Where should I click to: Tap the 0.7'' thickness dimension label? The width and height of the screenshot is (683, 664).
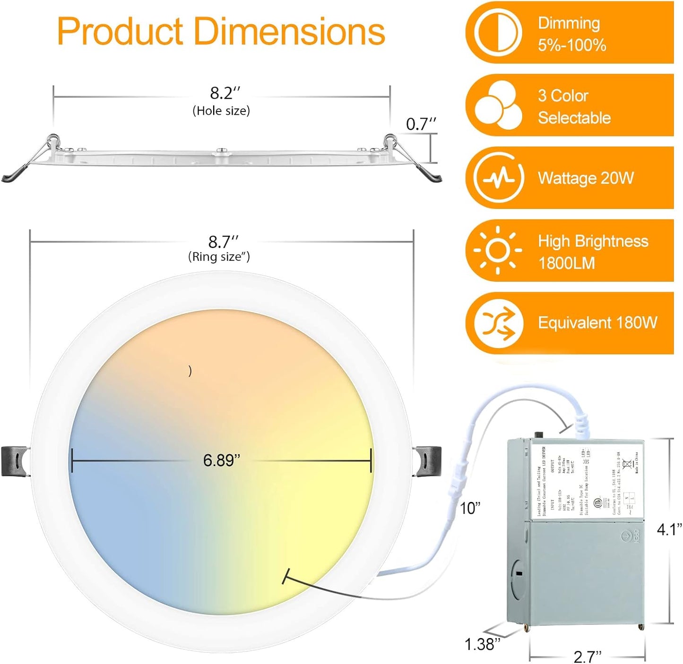pyautogui.click(x=421, y=124)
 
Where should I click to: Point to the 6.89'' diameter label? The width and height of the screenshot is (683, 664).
pyautogui.click(x=221, y=460)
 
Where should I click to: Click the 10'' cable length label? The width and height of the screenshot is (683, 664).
pyautogui.click(x=470, y=509)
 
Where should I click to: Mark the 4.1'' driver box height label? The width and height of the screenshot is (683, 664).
pyautogui.click(x=669, y=529)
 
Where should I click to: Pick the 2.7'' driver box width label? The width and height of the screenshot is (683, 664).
pyautogui.click(x=587, y=656)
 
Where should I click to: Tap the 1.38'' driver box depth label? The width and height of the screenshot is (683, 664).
pyautogui.click(x=482, y=644)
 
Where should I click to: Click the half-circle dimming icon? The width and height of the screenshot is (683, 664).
pyautogui.click(x=498, y=32)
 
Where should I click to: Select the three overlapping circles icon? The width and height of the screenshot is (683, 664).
pyautogui.click(x=499, y=105)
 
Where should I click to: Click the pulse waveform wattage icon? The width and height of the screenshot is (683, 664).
pyautogui.click(x=499, y=178)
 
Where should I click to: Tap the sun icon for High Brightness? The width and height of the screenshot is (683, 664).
pyautogui.click(x=498, y=250)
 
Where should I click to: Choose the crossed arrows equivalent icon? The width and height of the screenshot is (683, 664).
pyautogui.click(x=499, y=323)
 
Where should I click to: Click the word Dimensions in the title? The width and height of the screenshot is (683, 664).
pyautogui.click(x=289, y=32)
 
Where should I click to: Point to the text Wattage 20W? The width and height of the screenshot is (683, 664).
pyautogui.click(x=586, y=178)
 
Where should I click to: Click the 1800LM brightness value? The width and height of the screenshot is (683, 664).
pyautogui.click(x=566, y=263)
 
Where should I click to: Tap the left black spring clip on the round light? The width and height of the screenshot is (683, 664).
pyautogui.click(x=16, y=460)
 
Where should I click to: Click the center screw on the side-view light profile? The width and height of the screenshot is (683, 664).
pyautogui.click(x=221, y=152)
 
